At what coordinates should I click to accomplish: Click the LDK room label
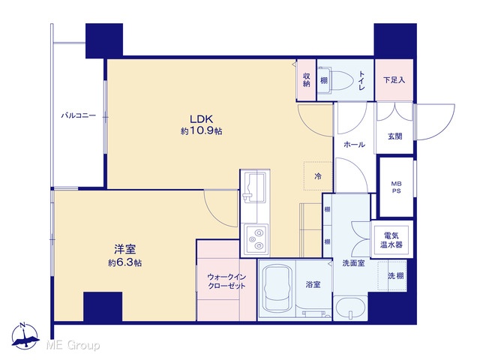(x=201, y=118)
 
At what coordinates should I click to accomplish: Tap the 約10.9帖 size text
(x=202, y=131)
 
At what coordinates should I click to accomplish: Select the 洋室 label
(x=125, y=249)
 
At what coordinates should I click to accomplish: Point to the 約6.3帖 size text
(x=125, y=262)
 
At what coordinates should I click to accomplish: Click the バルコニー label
(x=78, y=115)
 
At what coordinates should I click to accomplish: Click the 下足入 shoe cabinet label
(x=394, y=80)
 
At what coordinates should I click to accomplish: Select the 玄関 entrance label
(x=395, y=136)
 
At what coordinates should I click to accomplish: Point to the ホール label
(x=354, y=145)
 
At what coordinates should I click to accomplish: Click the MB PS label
(x=397, y=187)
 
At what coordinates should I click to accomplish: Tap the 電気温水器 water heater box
(x=391, y=240)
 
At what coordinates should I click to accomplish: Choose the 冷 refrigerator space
(x=318, y=176)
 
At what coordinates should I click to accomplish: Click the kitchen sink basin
(x=253, y=187)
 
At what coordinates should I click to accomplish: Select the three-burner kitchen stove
(x=255, y=239)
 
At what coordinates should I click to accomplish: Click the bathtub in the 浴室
(x=277, y=288)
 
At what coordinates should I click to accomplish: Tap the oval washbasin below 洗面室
(x=350, y=308)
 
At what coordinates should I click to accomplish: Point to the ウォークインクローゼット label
(x=226, y=281)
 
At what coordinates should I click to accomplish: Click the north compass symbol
(x=25, y=336)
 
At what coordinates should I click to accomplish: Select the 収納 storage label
(x=307, y=80)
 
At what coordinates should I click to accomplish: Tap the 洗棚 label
(x=395, y=276)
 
